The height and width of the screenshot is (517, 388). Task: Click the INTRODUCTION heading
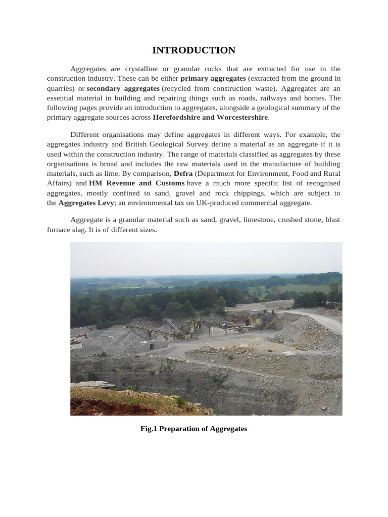click(x=194, y=50)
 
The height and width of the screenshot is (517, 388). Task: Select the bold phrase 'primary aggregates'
click(x=213, y=79)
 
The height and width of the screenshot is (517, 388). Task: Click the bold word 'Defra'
click(x=183, y=174)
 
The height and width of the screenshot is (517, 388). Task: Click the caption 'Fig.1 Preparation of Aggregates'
click(x=194, y=429)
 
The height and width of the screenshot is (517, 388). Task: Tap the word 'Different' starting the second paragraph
click(x=85, y=135)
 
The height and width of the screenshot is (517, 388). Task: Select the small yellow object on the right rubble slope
click(x=298, y=348)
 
